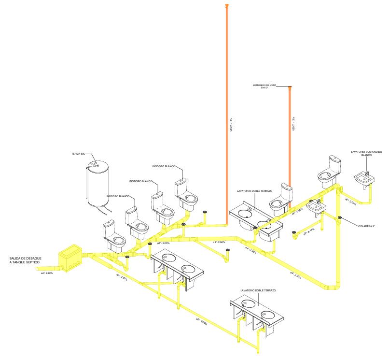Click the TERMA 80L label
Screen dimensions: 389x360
click(x=78, y=154)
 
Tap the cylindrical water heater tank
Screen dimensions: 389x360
click(x=97, y=186)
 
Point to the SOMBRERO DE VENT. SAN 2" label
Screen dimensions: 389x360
click(x=263, y=86)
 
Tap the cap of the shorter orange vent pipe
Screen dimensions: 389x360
click(x=290, y=87)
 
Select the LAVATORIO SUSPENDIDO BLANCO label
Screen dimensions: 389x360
click(x=366, y=153)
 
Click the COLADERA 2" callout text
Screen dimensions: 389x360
click(x=368, y=226)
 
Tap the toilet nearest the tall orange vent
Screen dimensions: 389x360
click(x=186, y=193)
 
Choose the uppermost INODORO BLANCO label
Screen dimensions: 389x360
click(x=164, y=166)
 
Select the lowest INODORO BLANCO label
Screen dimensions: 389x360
click(x=117, y=196)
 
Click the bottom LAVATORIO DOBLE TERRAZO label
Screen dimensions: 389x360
click(x=257, y=291)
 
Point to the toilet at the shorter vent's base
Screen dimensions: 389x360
click(x=281, y=201)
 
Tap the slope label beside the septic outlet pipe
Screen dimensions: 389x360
click(x=46, y=274)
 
